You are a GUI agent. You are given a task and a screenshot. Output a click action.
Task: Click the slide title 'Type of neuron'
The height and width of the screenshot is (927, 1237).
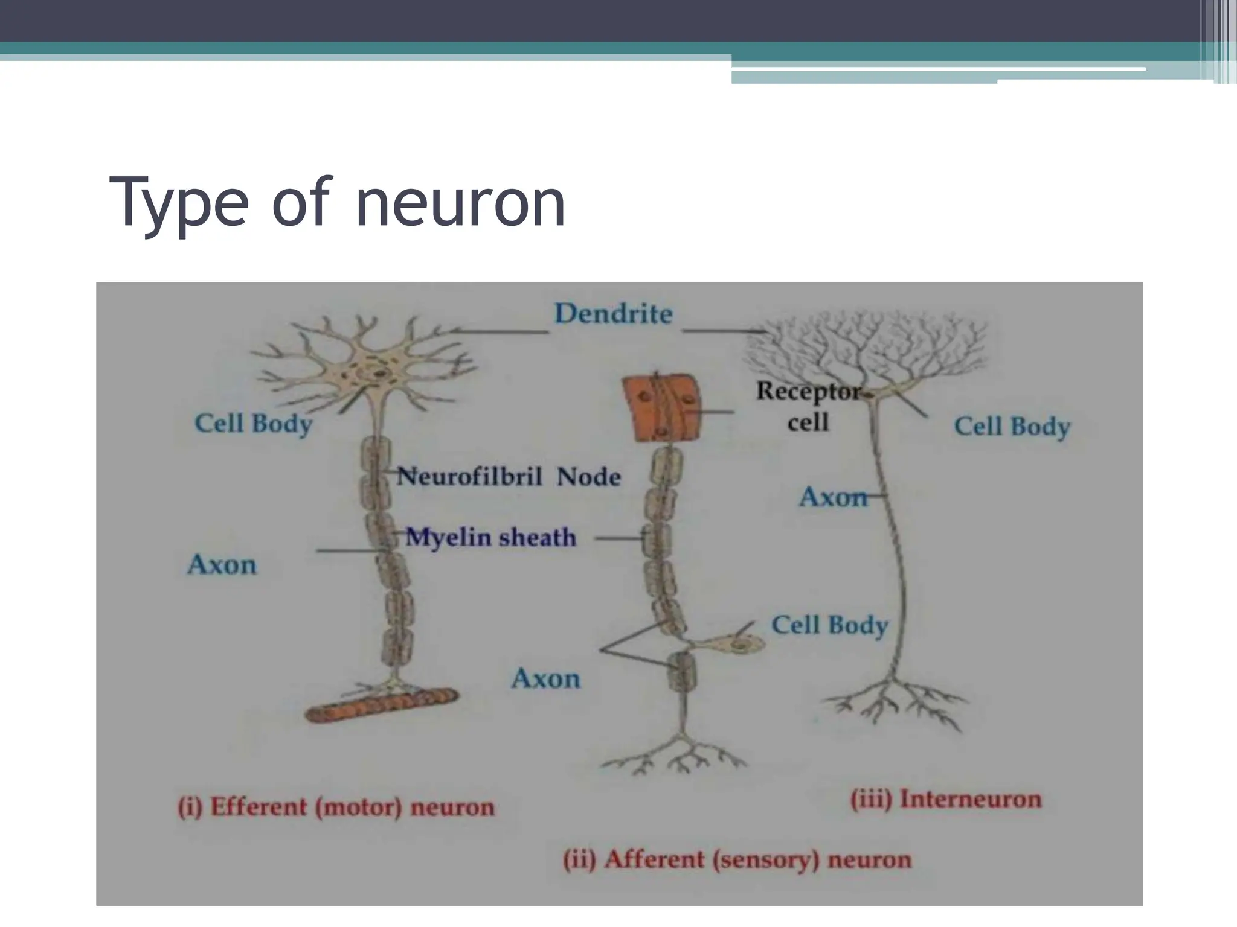coord(337,202)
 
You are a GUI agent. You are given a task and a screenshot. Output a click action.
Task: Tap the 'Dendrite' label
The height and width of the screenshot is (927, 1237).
coord(613,314)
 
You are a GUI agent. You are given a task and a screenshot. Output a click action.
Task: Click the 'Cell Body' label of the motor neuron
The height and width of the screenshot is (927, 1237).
coord(253,424)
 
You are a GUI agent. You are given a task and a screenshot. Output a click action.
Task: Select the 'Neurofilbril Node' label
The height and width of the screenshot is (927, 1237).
coord(509,477)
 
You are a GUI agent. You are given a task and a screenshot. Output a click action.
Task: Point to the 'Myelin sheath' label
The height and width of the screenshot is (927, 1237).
coord(490,537)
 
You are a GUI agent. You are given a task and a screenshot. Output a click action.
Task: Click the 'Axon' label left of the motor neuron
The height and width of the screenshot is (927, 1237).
coord(222,565)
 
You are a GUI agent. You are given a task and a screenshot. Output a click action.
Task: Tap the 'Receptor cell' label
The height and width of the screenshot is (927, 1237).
coord(808,406)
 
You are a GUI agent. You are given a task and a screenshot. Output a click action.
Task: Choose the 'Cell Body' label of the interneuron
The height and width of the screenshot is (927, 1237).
coord(1012,427)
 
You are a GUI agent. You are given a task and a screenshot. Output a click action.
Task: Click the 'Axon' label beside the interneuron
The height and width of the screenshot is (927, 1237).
coord(832,497)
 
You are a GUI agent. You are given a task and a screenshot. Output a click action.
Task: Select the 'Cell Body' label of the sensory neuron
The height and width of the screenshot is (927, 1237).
coord(829,625)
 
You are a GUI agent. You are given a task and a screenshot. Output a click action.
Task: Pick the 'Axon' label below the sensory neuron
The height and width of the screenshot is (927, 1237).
coord(545,679)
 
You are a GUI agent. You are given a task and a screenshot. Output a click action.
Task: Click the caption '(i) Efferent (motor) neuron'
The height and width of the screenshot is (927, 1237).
coord(336,807)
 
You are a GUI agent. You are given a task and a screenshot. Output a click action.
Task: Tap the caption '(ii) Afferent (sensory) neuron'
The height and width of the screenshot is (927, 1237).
coord(736,859)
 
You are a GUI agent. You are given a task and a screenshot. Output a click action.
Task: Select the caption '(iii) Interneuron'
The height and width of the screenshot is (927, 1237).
coord(946,799)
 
